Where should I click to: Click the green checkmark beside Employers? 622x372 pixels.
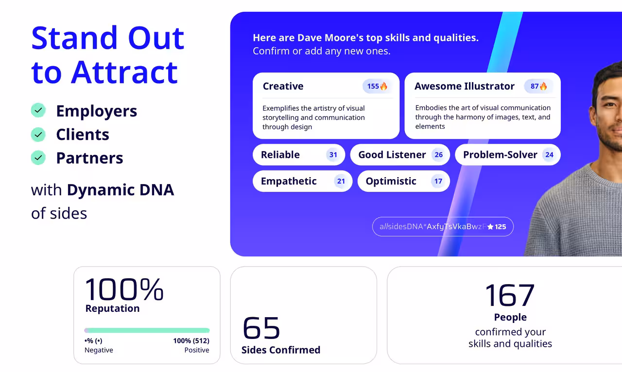[x=38, y=111]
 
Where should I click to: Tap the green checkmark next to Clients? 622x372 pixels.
[x=38, y=135]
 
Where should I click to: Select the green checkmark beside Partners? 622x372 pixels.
[x=38, y=158]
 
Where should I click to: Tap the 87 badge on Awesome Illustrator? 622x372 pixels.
[x=538, y=86]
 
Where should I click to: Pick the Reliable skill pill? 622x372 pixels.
[x=299, y=154]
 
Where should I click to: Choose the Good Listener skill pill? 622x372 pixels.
[x=400, y=154]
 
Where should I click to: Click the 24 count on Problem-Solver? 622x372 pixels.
[x=549, y=155]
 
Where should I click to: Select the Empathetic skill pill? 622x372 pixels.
[x=302, y=181]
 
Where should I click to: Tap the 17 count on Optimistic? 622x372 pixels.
[x=438, y=181]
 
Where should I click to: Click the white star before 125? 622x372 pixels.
[x=490, y=227]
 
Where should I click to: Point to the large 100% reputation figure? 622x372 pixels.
[x=124, y=289]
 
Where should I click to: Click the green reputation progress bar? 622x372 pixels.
[x=147, y=330]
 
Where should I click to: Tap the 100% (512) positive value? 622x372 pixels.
[x=191, y=340]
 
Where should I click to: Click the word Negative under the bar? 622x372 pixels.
[x=99, y=350]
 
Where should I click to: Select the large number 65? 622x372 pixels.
[x=261, y=328]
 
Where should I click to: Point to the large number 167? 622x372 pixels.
[x=510, y=295]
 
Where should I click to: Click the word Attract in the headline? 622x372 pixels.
[x=124, y=72]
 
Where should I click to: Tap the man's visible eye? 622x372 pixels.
[x=609, y=105]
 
